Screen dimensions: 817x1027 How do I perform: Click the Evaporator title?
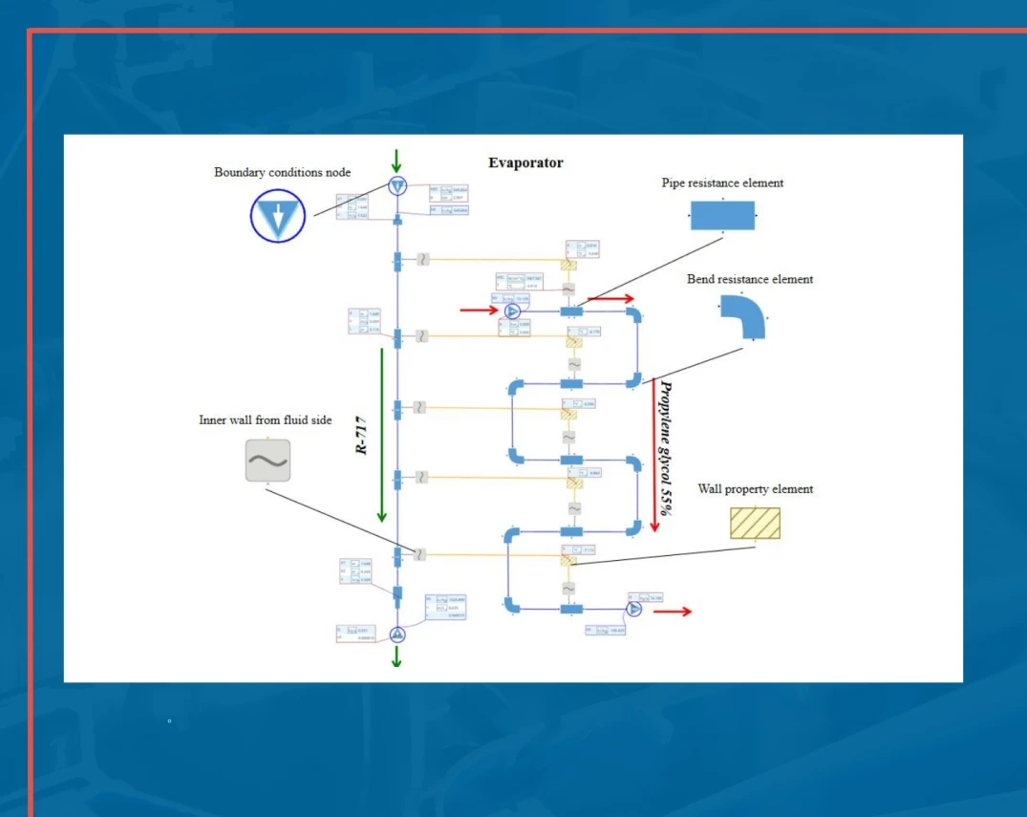click(525, 162)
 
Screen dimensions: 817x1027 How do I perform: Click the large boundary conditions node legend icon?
click(278, 215)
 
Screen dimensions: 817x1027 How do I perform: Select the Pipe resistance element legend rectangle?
click(722, 216)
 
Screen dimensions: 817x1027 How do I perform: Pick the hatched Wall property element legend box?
click(755, 523)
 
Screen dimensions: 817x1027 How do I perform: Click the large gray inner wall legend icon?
click(267, 461)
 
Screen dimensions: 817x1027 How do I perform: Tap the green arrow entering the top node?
click(396, 161)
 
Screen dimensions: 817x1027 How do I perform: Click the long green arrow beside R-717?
click(381, 435)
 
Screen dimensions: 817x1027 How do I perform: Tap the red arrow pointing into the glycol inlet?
click(478, 310)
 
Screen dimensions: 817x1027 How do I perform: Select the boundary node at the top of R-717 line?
click(397, 186)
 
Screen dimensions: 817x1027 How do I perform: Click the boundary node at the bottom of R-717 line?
click(397, 634)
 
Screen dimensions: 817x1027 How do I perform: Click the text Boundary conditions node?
click(282, 173)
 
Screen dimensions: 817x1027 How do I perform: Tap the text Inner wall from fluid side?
click(266, 419)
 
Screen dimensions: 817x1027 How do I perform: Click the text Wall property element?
click(755, 489)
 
